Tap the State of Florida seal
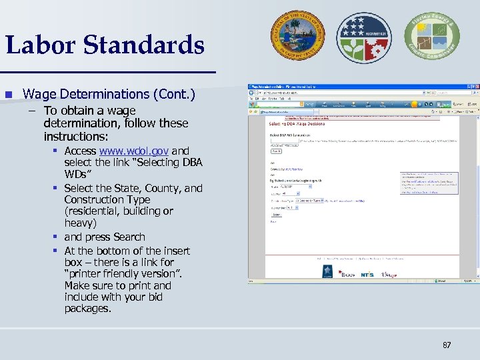coord(297,37)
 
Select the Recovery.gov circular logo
coord(363,37)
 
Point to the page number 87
coord(446,345)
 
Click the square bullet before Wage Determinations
coord(9,95)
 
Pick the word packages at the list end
coord(88,308)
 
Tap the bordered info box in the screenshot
coord(429,183)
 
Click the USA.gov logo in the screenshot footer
coord(390,274)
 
